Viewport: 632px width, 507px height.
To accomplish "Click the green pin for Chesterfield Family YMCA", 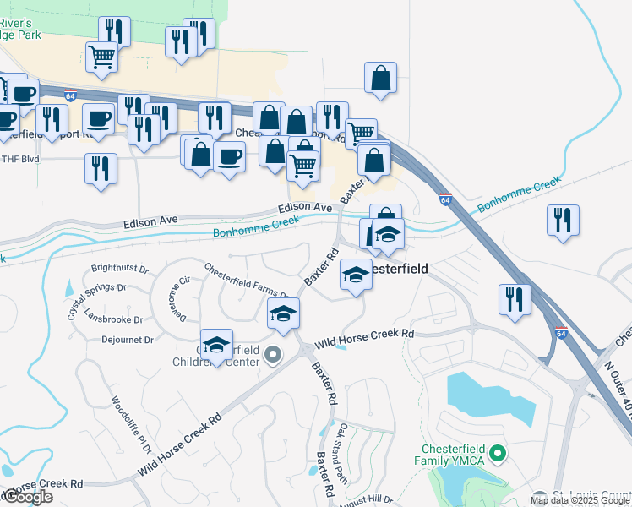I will (x=498, y=455).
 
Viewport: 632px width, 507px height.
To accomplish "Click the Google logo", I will (x=28, y=497).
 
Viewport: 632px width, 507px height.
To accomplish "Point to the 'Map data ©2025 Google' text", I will (x=580, y=500).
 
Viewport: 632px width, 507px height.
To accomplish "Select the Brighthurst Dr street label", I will (x=119, y=270).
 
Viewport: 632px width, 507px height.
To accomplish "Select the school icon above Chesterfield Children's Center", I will (x=217, y=344).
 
